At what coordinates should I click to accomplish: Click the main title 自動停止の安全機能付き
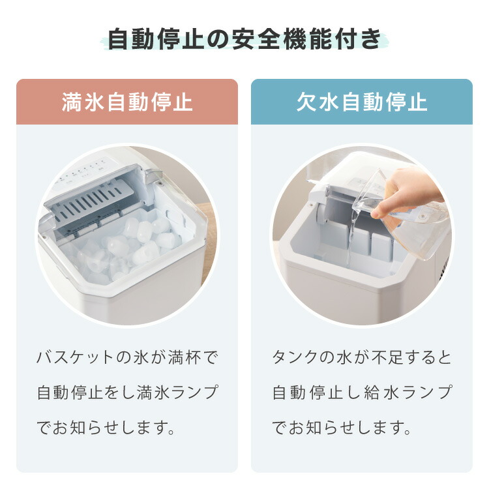(244, 40)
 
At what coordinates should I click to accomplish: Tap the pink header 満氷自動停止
(127, 102)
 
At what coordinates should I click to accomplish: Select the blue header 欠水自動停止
(362, 102)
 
